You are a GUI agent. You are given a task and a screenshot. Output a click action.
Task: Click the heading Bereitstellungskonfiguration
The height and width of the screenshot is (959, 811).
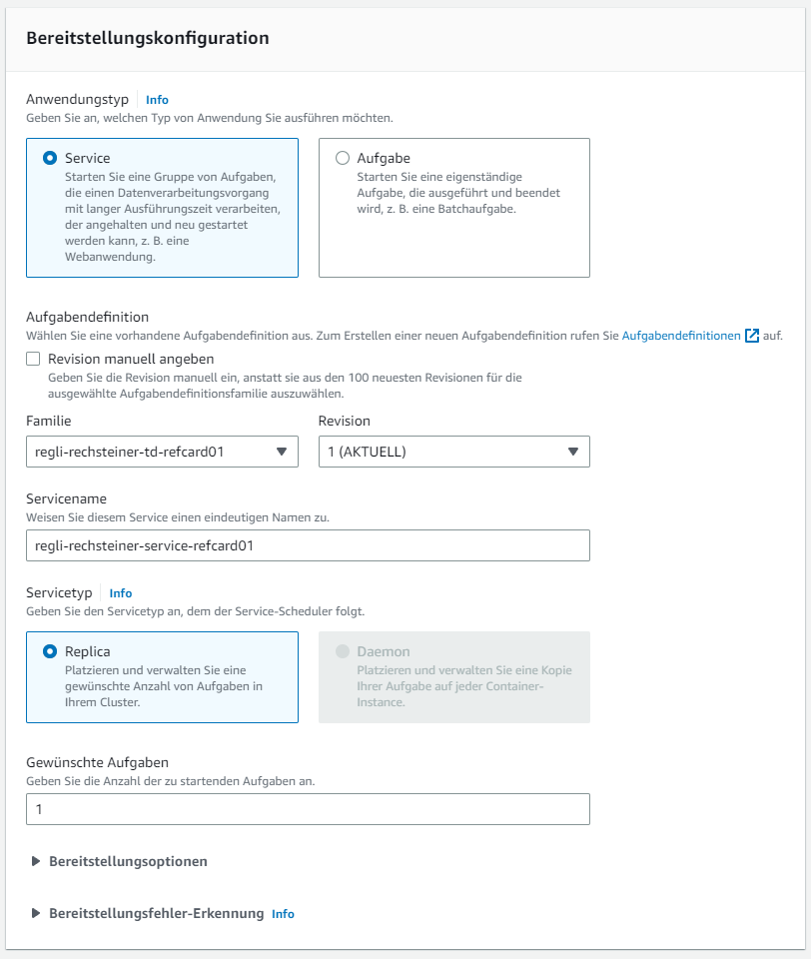[148, 38]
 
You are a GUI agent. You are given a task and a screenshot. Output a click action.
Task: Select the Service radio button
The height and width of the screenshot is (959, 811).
[50, 158]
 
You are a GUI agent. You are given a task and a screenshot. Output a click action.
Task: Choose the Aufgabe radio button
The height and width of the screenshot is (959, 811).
[343, 158]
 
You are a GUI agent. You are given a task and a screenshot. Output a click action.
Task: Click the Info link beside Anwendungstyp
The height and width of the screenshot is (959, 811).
[157, 100]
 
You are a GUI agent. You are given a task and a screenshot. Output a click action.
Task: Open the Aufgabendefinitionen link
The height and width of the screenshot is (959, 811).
[681, 337]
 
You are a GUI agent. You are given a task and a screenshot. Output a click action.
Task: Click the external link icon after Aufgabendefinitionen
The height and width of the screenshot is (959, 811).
[752, 337]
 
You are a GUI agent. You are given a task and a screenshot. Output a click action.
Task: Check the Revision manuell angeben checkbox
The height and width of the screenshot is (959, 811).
[34, 360]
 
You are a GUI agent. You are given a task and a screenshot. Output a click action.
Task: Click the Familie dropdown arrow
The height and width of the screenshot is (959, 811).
[281, 452]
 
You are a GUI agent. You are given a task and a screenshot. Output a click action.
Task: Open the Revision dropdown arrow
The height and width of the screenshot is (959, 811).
[573, 452]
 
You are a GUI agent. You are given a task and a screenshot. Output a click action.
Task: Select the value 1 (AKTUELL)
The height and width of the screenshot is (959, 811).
[368, 452]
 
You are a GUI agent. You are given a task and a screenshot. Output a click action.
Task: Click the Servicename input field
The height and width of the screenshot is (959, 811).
[308, 545]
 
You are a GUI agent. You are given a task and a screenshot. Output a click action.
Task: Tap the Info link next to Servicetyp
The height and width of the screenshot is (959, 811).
[121, 593]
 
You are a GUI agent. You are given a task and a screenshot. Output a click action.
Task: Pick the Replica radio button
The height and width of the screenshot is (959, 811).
[50, 651]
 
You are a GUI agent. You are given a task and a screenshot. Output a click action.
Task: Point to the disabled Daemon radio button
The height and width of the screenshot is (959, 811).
[343, 651]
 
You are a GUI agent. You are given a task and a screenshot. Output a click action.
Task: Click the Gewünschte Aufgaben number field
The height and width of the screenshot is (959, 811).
[308, 809]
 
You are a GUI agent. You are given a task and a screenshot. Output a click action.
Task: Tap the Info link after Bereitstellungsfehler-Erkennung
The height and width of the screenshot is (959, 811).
[283, 914]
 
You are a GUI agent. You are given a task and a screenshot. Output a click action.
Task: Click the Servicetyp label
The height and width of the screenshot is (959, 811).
[59, 592]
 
